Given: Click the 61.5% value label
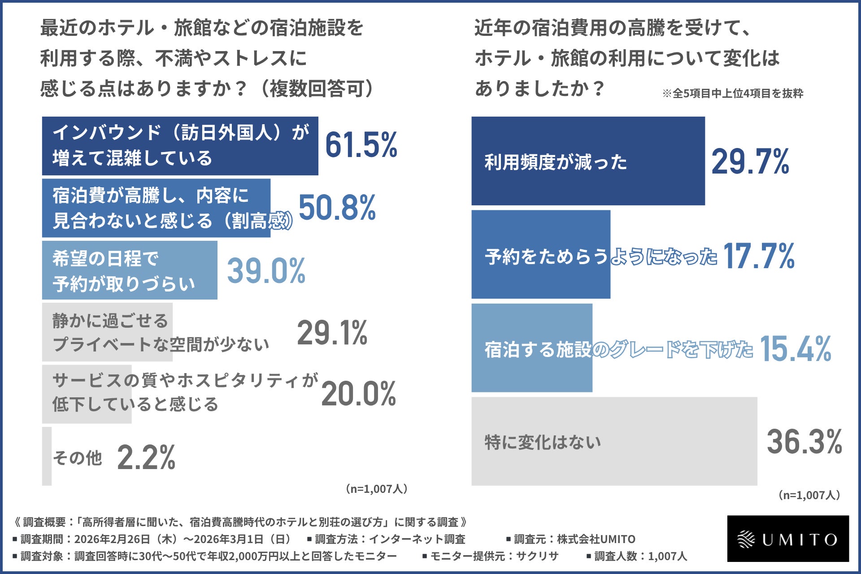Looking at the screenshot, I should (x=361, y=145).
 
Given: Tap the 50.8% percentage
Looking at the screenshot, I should (x=337, y=208).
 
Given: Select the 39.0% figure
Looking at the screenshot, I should (x=266, y=271).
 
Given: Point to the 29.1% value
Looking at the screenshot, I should (x=332, y=333).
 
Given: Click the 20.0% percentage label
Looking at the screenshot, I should (x=358, y=394).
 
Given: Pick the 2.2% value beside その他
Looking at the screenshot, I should (x=146, y=458).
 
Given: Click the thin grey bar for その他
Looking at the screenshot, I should (x=47, y=456).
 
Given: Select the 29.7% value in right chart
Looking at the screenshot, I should (x=750, y=162).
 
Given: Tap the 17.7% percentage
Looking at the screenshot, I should (x=759, y=256).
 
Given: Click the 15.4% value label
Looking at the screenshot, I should (x=795, y=349).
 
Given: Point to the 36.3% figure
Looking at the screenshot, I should (x=804, y=442).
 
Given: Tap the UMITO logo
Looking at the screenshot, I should (x=788, y=539).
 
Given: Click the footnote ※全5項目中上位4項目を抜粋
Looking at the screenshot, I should (x=732, y=93).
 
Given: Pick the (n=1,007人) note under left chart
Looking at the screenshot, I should (x=376, y=489).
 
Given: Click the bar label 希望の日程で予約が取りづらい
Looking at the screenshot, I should (x=124, y=271).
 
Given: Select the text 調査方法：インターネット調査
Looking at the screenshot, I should (x=386, y=539).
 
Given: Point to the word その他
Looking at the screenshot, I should (x=78, y=458).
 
